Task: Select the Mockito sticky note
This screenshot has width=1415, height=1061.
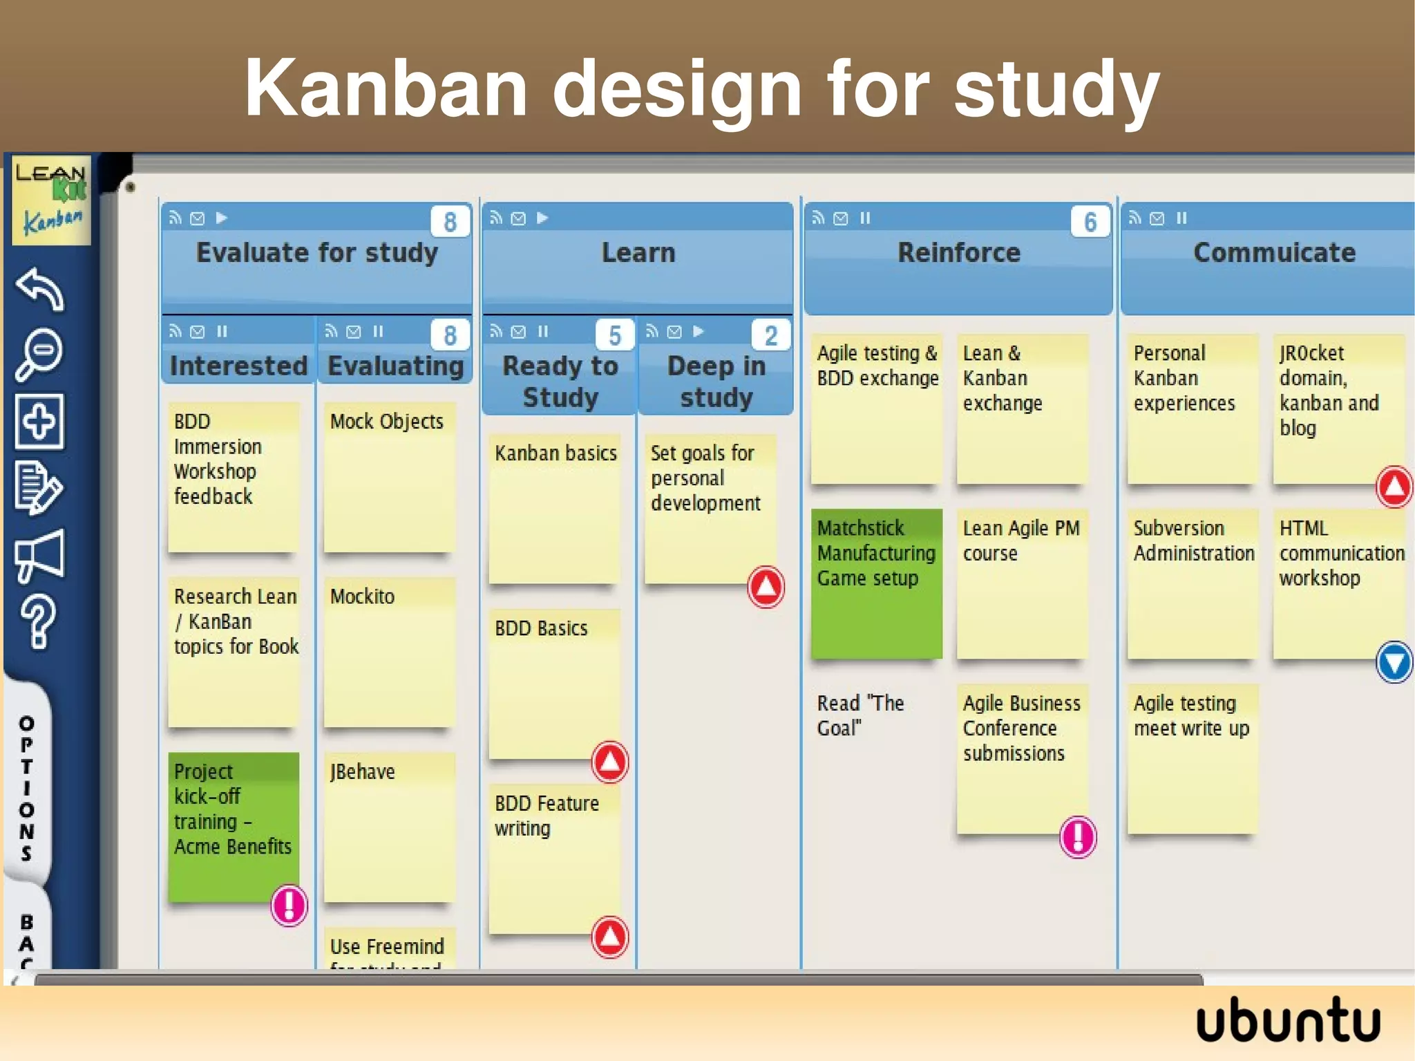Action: [389, 652]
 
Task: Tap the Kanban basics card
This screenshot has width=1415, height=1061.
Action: [555, 508]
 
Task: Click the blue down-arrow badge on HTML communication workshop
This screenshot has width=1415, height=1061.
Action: [1394, 662]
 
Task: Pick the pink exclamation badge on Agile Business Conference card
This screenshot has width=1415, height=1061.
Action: [1077, 837]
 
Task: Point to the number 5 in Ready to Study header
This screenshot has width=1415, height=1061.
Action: [614, 335]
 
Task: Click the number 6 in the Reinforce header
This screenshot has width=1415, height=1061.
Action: [1090, 222]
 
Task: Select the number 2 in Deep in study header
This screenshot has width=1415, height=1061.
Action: [770, 335]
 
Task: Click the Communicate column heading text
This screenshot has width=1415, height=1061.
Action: [1274, 252]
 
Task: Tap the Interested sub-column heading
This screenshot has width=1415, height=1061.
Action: [238, 366]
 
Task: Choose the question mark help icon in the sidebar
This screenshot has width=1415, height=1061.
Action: [38, 621]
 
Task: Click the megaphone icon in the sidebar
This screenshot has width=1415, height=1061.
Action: [40, 556]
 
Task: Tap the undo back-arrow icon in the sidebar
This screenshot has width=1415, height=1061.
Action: [40, 289]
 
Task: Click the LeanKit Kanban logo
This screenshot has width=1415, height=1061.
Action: [51, 199]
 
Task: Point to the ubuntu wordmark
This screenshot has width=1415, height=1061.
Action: [1288, 1020]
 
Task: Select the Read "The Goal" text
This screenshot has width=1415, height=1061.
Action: [860, 715]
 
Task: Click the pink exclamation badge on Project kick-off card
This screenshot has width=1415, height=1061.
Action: [288, 905]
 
